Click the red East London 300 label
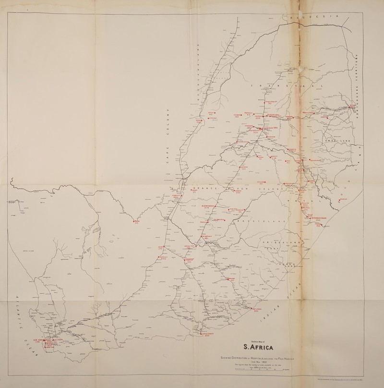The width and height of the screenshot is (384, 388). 256,310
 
